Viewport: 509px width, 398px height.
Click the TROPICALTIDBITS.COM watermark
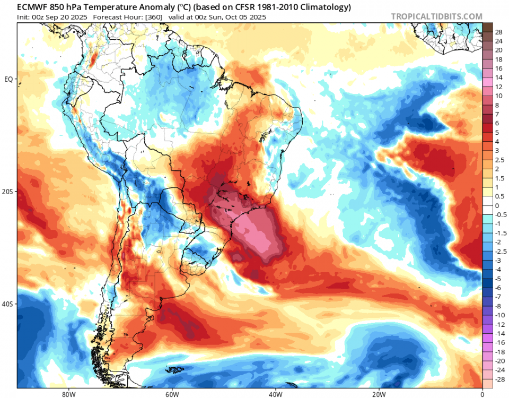click(436, 16)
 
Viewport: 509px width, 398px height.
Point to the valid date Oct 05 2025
click(247, 17)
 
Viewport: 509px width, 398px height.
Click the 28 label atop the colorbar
click(499, 32)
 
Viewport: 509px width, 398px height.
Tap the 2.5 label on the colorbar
click(500, 160)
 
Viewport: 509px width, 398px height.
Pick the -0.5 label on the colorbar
click(501, 215)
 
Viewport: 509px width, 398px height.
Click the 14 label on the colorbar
click(499, 77)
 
